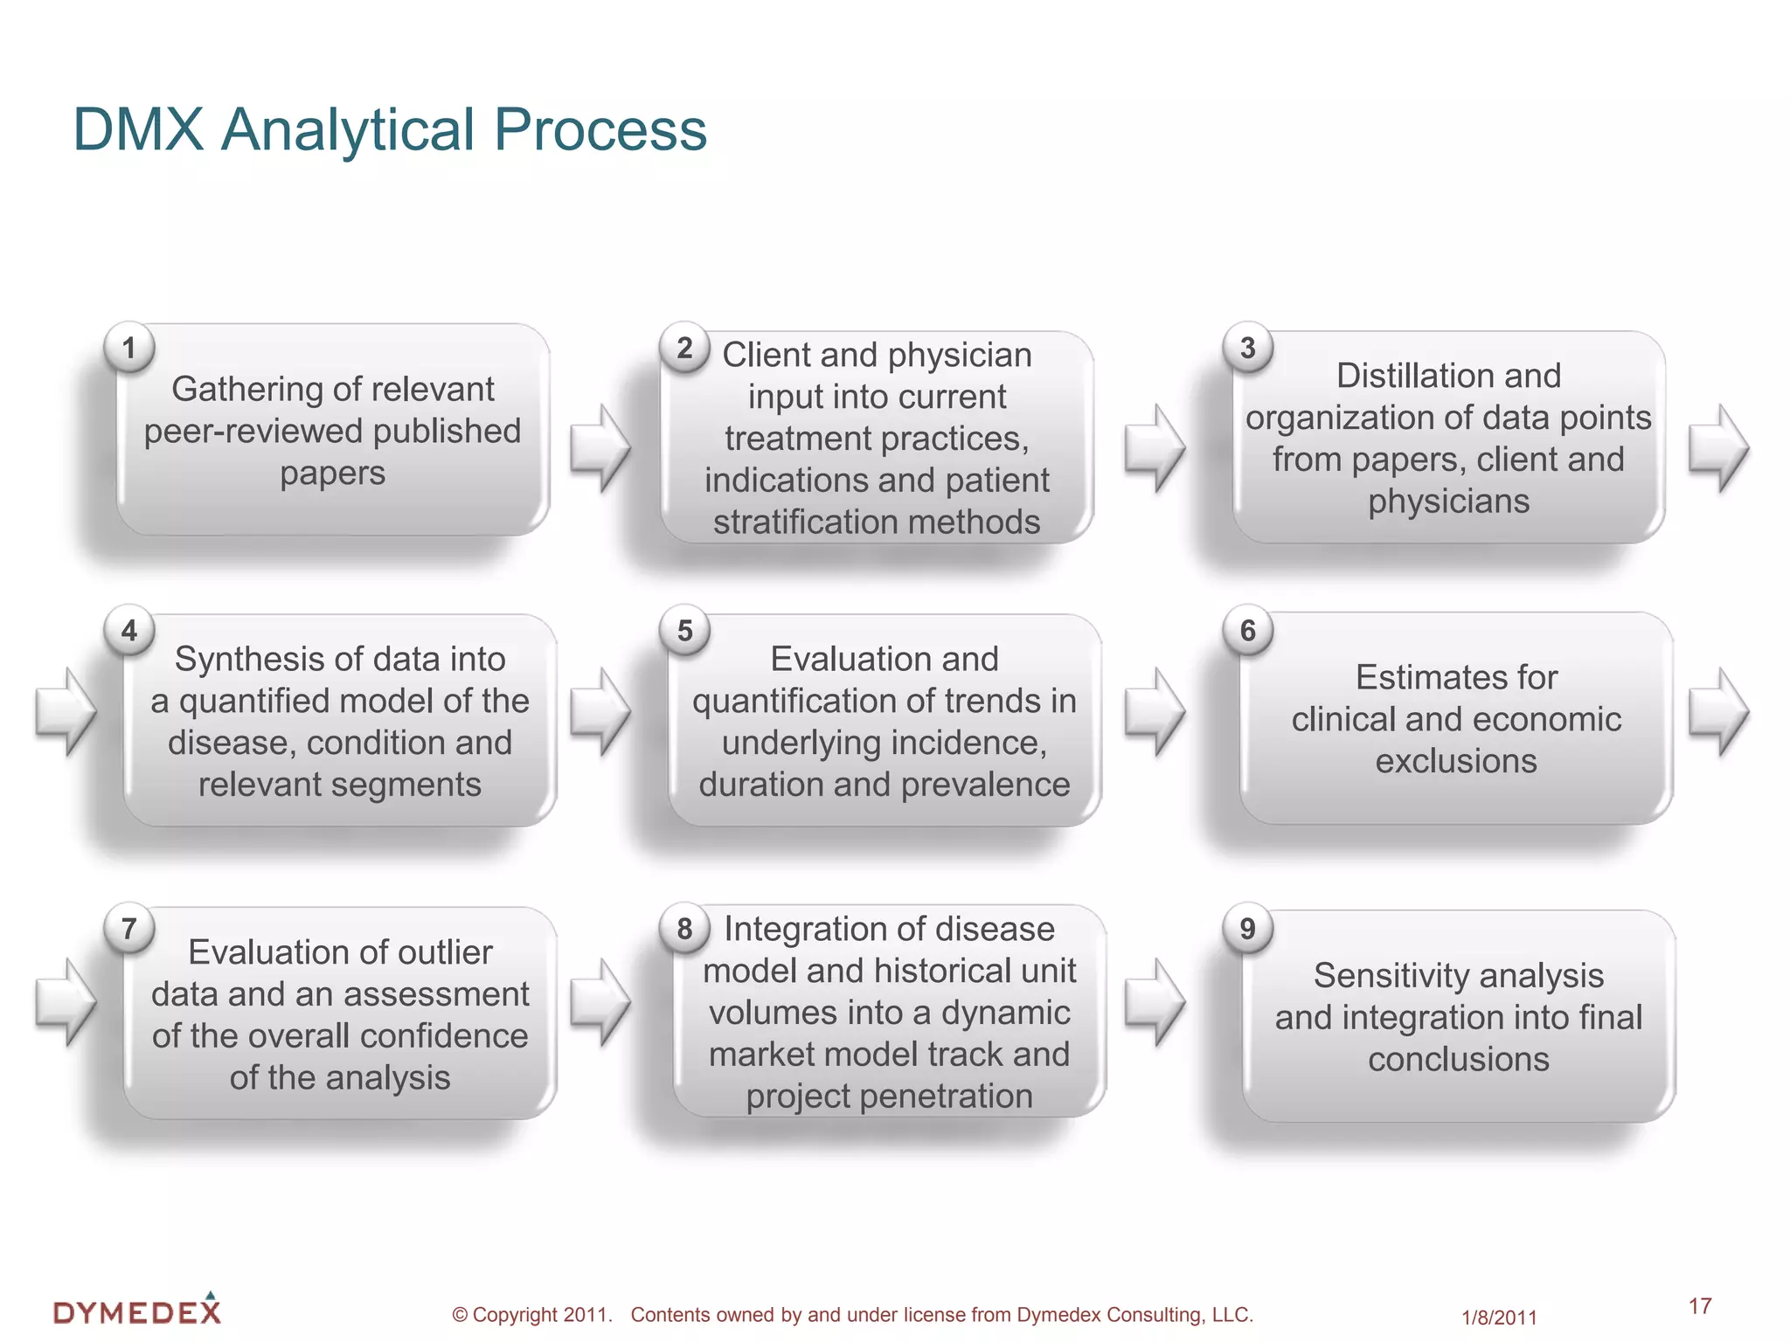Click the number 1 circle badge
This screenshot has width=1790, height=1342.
tap(129, 348)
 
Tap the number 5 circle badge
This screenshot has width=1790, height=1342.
tap(684, 630)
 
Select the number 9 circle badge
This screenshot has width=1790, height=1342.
tap(1247, 928)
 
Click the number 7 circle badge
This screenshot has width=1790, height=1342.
tap(129, 928)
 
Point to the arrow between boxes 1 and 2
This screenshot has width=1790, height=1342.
tap(600, 447)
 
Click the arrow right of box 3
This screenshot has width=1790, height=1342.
tap(1717, 447)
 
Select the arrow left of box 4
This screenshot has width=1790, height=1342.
tap(66, 711)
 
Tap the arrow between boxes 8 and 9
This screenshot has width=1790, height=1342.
tap(1154, 1001)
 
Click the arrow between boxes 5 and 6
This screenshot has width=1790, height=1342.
tap(1154, 711)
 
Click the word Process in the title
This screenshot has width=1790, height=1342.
tap(600, 130)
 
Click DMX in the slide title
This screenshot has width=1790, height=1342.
tap(138, 130)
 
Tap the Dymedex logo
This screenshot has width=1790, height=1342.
tap(137, 1310)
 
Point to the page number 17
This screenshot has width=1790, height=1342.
tap(1699, 1305)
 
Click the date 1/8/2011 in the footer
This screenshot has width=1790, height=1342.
tap(1498, 1318)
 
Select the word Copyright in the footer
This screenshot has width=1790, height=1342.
tap(515, 1315)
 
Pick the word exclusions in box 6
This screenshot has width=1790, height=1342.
tap(1455, 761)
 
